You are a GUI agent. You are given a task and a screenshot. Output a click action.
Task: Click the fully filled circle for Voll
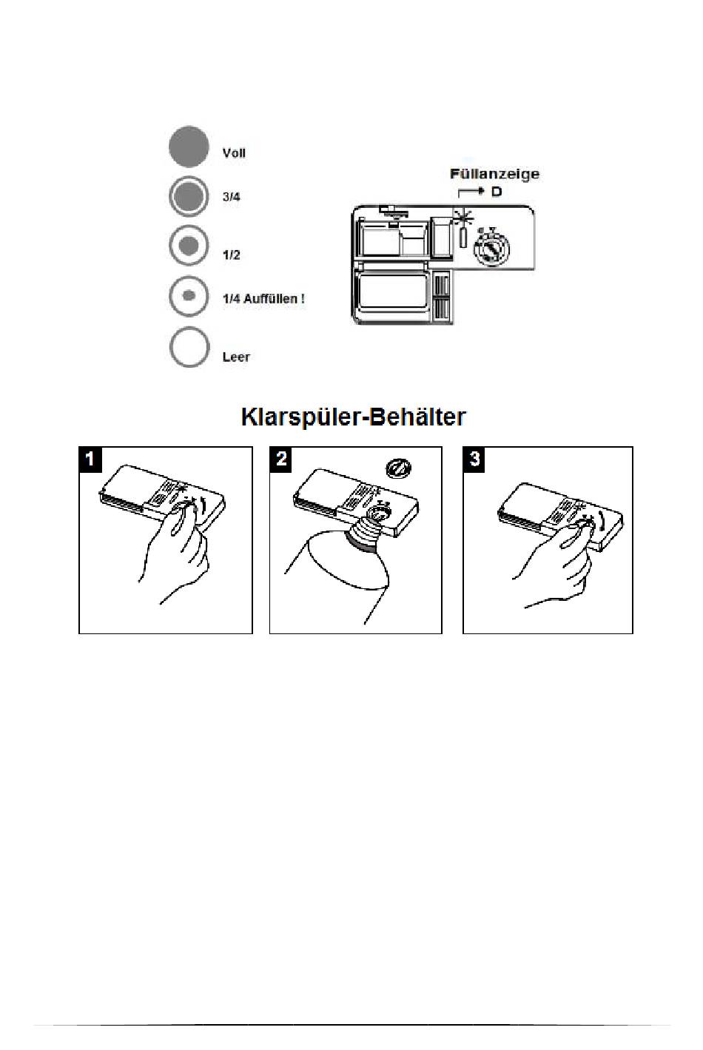point(188,146)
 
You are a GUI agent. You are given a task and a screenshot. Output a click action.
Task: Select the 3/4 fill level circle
point(188,197)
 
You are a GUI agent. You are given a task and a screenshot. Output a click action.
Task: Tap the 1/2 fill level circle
point(189,246)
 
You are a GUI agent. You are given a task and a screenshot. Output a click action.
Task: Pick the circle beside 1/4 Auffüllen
point(189,296)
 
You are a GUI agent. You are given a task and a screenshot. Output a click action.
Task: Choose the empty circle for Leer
point(189,347)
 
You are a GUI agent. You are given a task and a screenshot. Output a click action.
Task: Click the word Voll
point(234,153)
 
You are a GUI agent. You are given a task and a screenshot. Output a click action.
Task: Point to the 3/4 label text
point(232,197)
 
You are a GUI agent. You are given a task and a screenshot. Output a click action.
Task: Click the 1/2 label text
point(232,255)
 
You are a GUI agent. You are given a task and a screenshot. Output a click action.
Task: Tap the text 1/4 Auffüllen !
point(263,299)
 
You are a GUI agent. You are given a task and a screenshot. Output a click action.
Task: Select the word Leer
point(236,357)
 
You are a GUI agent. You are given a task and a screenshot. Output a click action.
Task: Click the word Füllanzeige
point(494,175)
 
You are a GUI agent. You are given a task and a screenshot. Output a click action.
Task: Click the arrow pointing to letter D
point(471,192)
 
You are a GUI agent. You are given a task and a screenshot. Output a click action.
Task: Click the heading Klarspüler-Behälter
point(353,417)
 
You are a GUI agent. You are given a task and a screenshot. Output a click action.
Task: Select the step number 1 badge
point(90,459)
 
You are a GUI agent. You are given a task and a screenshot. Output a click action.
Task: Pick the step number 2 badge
point(281,459)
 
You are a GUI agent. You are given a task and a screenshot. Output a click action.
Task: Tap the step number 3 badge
point(474,459)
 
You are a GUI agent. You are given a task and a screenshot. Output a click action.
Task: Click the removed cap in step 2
point(400,468)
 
